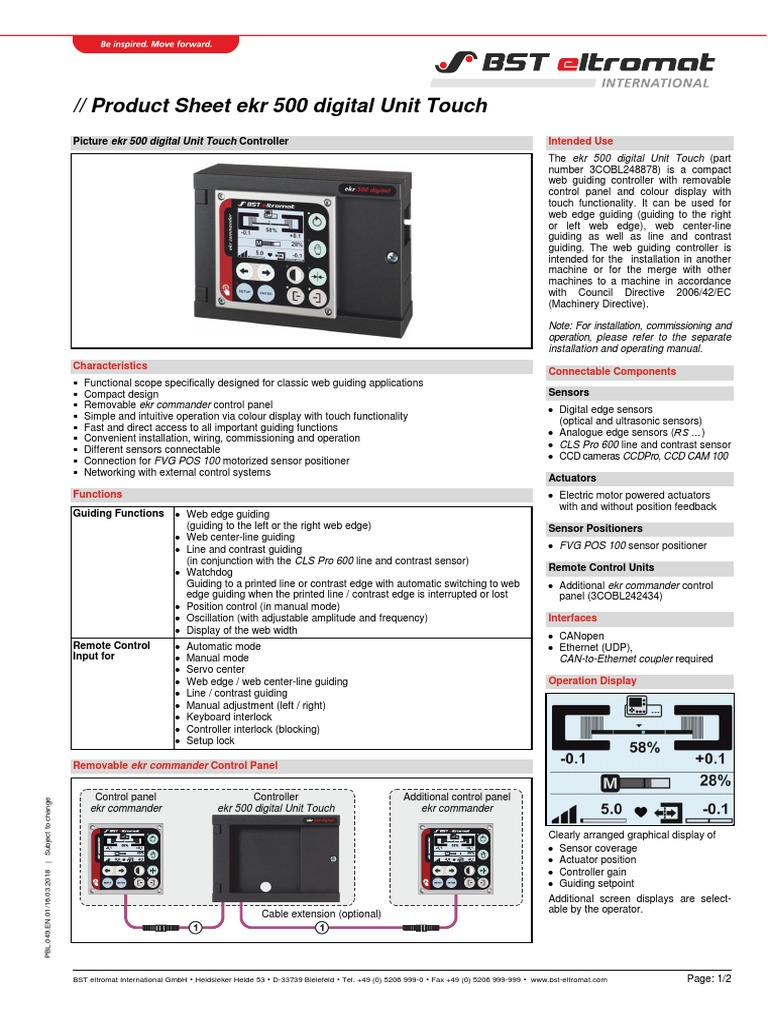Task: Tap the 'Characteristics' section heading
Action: tap(110, 366)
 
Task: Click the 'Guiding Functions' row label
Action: tap(118, 513)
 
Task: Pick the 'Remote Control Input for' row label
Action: tap(111, 651)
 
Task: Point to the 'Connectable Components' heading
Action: tap(612, 371)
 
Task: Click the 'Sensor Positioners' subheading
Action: tap(595, 528)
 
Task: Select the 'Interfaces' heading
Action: tap(572, 618)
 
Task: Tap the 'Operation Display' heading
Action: tap(592, 681)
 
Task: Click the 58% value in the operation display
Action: tap(644, 748)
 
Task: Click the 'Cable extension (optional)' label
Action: tap(321, 914)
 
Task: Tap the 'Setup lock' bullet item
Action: tap(210, 741)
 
